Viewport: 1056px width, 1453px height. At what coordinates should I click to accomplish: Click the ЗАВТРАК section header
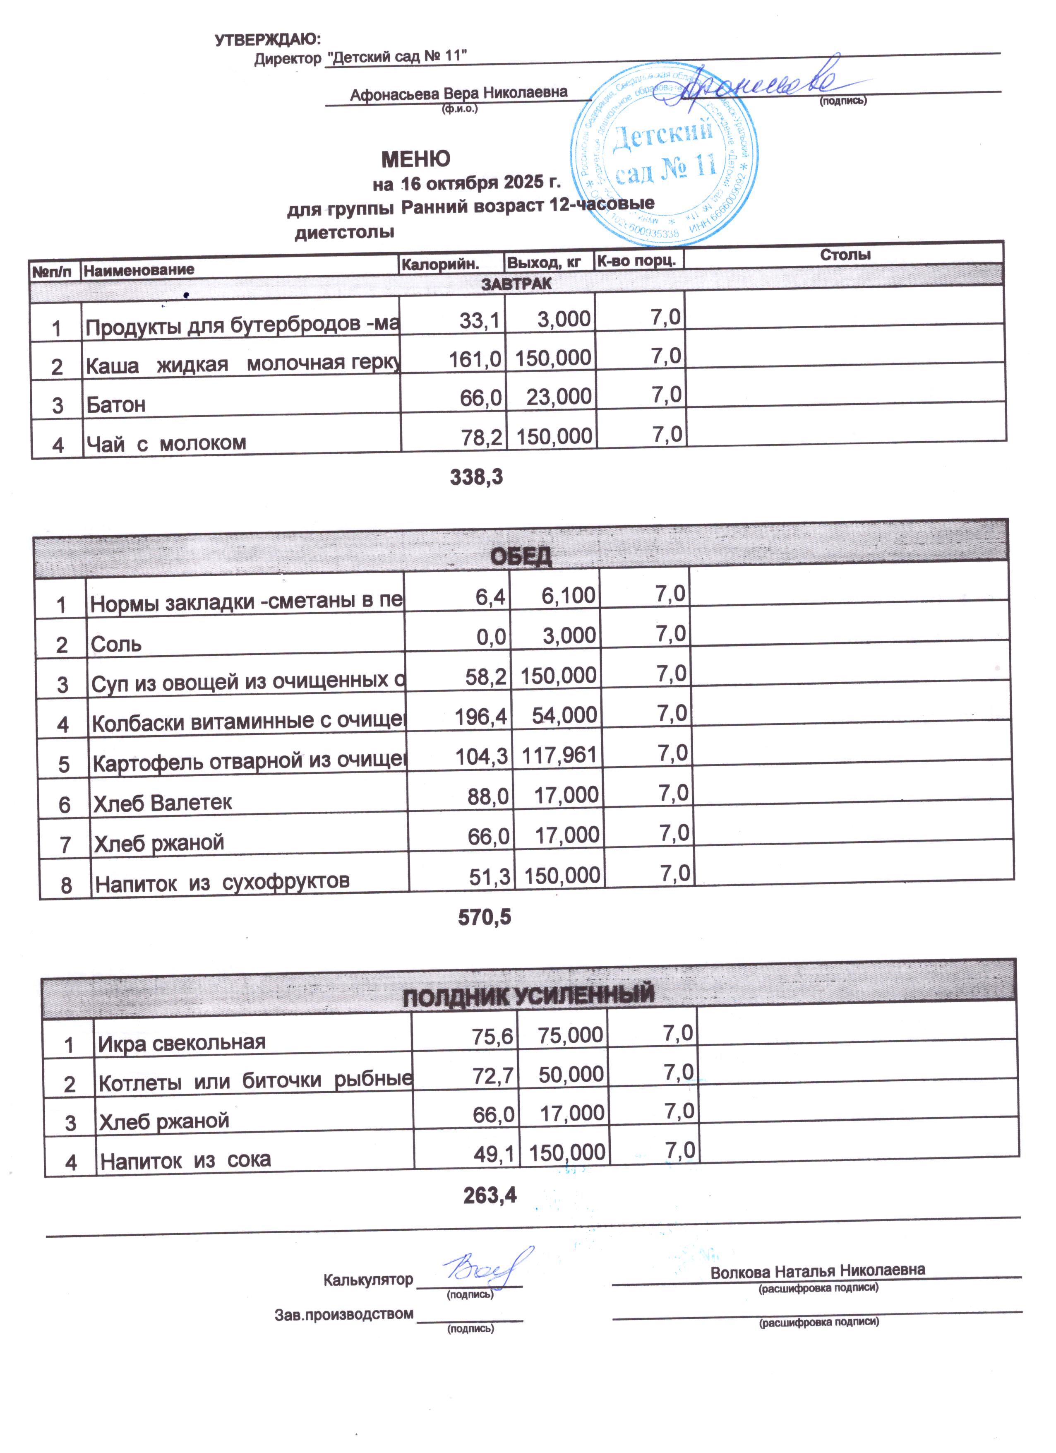pos(516,284)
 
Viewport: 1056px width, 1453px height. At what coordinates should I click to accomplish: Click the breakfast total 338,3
pos(476,476)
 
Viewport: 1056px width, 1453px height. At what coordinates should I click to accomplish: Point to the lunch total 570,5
pos(484,917)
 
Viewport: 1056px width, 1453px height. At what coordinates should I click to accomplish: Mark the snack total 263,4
pos(489,1194)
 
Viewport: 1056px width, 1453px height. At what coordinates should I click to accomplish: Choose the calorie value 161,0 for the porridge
pos(475,359)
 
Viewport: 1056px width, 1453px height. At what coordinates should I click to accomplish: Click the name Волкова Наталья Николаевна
pos(817,1270)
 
